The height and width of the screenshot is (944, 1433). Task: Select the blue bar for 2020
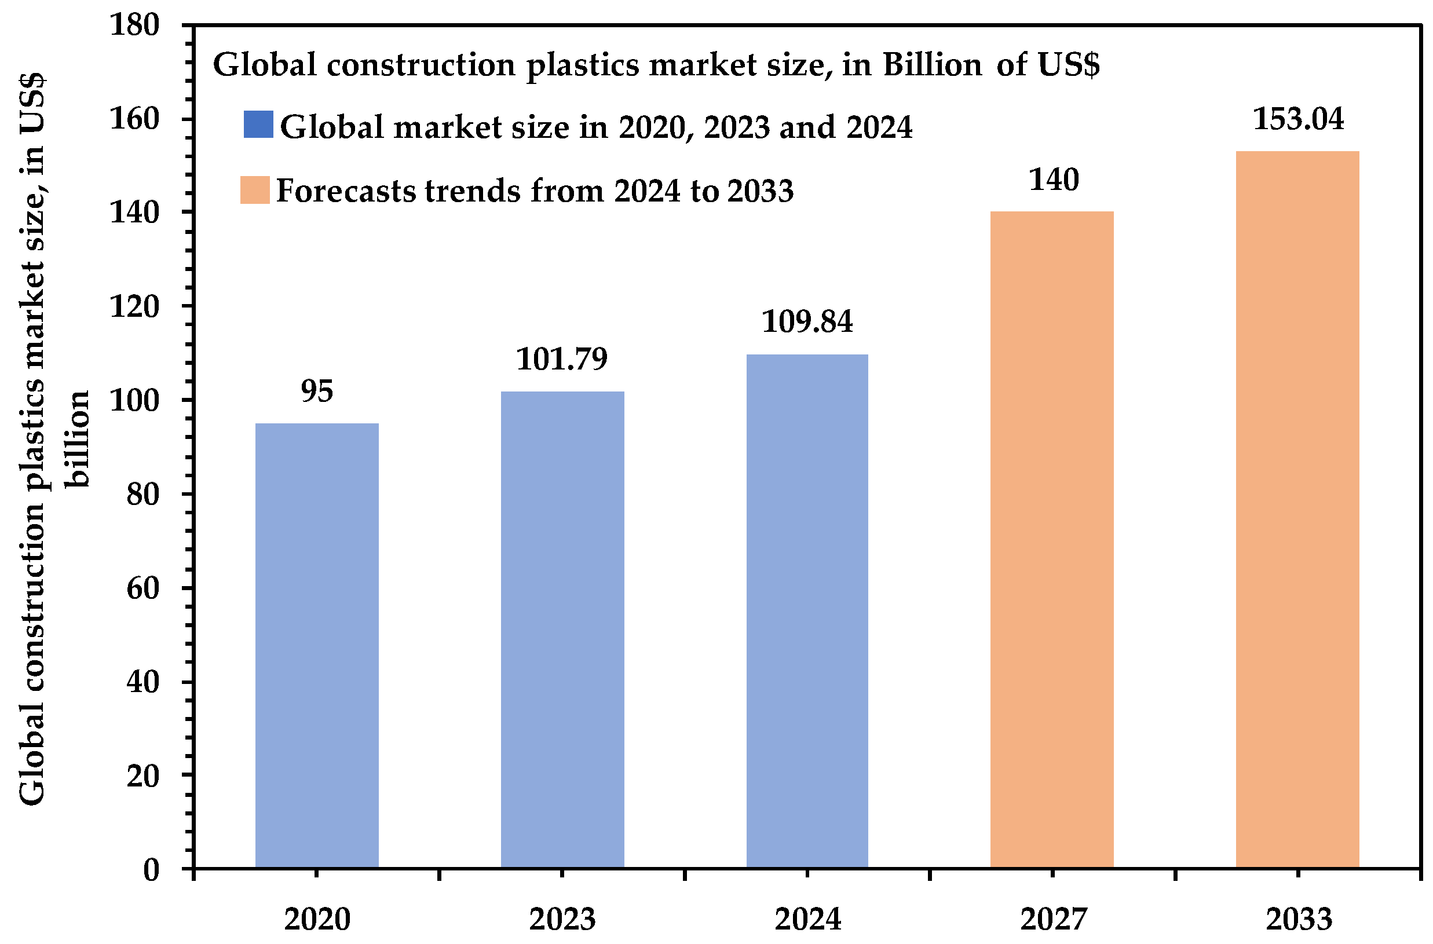(x=317, y=645)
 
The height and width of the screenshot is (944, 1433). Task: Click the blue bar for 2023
(x=562, y=630)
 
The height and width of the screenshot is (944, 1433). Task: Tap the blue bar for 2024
(x=807, y=611)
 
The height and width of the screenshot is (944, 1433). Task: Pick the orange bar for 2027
(x=1052, y=540)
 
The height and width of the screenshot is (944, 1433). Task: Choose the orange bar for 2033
(x=1297, y=510)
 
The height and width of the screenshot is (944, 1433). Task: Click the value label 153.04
(x=1297, y=119)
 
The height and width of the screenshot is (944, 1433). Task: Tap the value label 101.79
(x=562, y=360)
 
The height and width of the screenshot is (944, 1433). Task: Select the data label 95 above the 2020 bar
(x=317, y=392)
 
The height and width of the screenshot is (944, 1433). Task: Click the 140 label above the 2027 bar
(x=1053, y=180)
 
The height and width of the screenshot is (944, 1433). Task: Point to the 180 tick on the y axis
(x=134, y=25)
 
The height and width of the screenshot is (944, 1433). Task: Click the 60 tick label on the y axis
(x=142, y=588)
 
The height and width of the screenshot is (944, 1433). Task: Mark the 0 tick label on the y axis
(x=151, y=870)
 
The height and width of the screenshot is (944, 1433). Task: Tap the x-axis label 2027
(x=1053, y=919)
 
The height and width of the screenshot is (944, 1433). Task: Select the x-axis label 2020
(x=317, y=919)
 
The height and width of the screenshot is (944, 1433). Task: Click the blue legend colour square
(x=258, y=125)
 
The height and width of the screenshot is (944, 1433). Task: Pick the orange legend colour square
(x=255, y=190)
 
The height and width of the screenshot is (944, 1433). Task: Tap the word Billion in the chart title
(x=932, y=65)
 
